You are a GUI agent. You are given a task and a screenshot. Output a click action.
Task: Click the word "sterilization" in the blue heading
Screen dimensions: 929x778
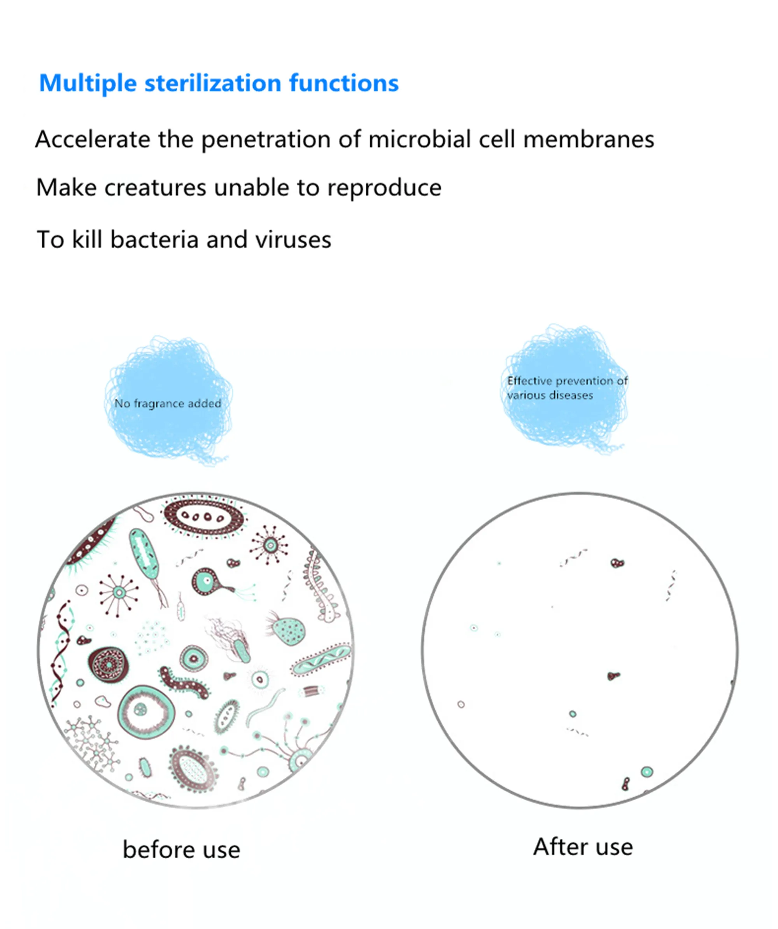[212, 83]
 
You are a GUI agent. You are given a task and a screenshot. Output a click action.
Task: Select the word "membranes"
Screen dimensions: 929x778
[588, 140]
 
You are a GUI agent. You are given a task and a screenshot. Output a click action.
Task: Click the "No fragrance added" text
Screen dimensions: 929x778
[168, 404]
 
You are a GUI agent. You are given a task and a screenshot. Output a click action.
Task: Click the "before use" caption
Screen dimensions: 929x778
[181, 850]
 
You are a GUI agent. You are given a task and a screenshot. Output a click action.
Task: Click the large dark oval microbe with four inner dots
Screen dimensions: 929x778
[203, 517]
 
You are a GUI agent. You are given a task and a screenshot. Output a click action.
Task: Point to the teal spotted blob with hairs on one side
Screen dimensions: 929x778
[287, 631]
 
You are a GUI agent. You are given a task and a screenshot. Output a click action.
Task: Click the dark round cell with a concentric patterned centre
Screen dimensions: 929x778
[109, 663]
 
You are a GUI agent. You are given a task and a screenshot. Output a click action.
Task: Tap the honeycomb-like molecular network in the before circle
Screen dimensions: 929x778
[92, 743]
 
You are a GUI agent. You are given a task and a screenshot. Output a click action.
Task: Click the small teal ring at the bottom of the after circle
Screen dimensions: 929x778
[647, 772]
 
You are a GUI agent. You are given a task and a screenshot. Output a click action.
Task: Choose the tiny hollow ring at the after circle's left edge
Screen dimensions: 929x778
[461, 704]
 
